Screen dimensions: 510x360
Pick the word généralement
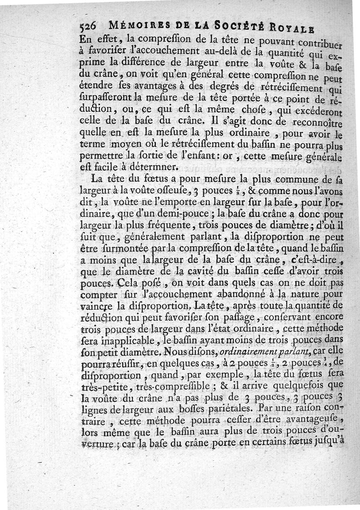[153, 237]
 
